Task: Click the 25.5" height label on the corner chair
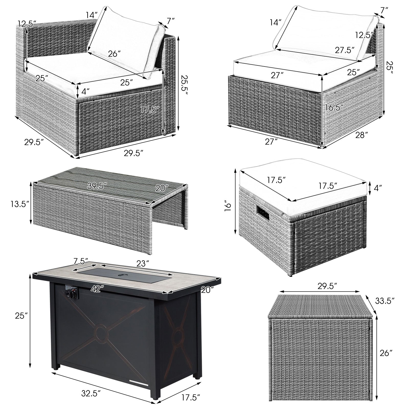tap(185, 86)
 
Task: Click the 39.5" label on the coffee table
tap(97, 186)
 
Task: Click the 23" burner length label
tap(143, 264)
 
